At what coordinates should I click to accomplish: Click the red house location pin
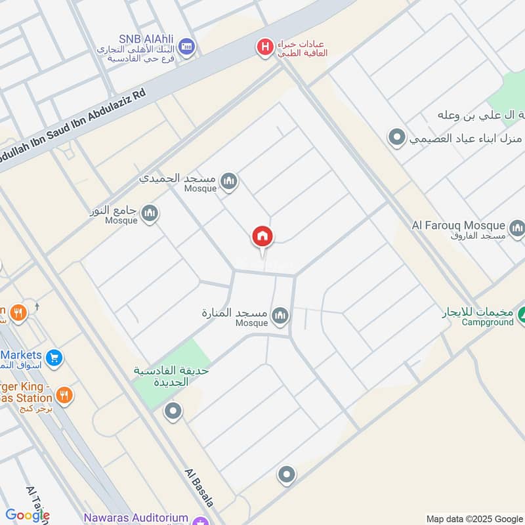pyautogui.click(x=262, y=237)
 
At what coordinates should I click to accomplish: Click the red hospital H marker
pyautogui.click(x=265, y=47)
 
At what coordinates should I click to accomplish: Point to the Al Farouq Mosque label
pyautogui.click(x=458, y=226)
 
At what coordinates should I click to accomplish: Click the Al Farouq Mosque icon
pyautogui.click(x=517, y=228)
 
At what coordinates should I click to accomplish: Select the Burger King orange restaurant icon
pyautogui.click(x=64, y=394)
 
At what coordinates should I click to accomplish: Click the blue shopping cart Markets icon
pyautogui.click(x=54, y=358)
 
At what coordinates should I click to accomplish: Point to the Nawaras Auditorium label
pyautogui.click(x=136, y=518)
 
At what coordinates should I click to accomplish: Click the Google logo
pyautogui.click(x=26, y=515)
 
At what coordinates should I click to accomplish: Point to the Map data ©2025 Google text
pyautogui.click(x=474, y=518)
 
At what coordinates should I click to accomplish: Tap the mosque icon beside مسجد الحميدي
pyautogui.click(x=228, y=181)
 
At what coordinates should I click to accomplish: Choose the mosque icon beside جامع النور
pyautogui.click(x=150, y=213)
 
